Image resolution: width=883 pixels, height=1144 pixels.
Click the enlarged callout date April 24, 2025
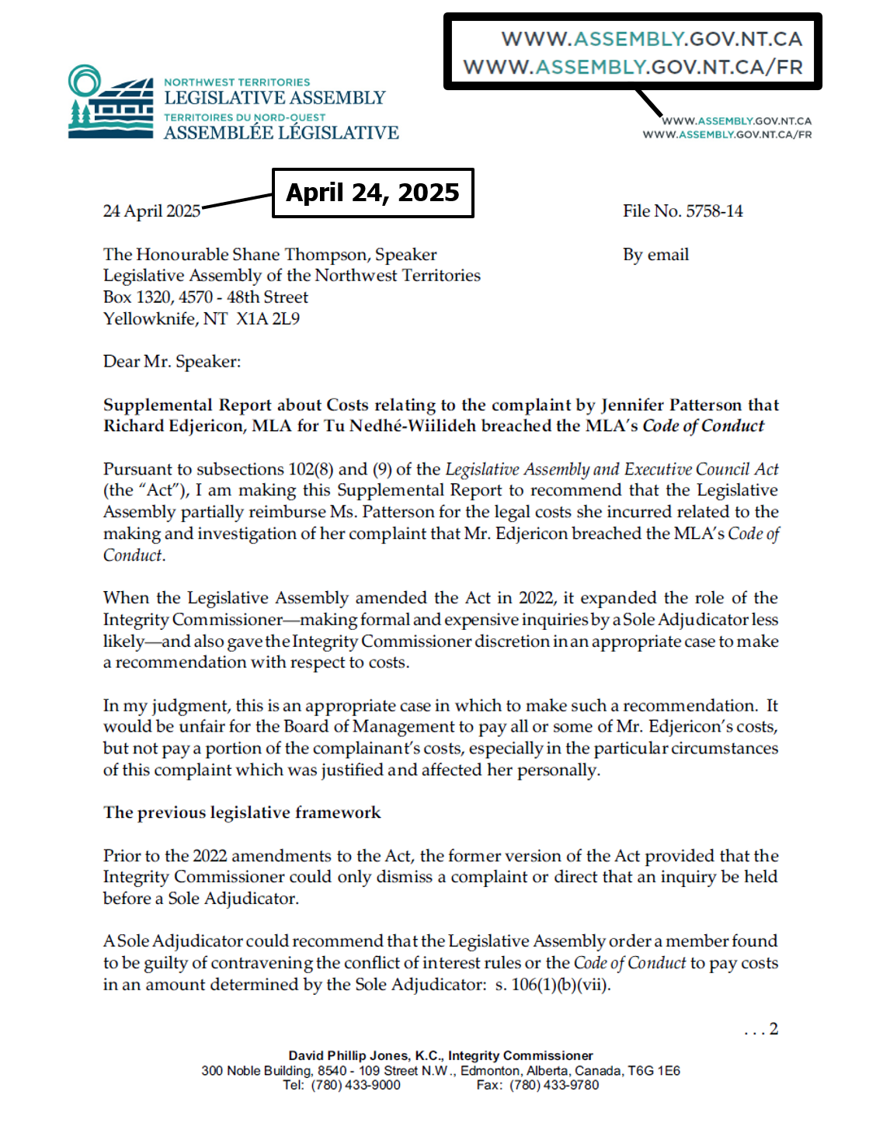click(373, 193)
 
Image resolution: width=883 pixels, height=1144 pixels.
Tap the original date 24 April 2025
click(151, 211)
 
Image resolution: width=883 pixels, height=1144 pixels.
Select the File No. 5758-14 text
click(682, 211)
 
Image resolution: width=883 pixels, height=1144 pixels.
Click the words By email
click(655, 255)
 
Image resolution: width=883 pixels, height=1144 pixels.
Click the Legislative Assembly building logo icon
click(110, 103)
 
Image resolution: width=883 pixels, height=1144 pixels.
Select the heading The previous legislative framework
click(242, 812)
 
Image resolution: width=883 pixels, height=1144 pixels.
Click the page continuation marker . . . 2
click(761, 1030)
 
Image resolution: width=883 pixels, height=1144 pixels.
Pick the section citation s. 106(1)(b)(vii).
click(553, 985)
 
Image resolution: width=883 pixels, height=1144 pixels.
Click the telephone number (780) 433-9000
click(356, 1085)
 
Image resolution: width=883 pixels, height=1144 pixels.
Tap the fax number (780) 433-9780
click(554, 1085)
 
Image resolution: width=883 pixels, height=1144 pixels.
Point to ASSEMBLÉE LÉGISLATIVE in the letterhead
click(281, 134)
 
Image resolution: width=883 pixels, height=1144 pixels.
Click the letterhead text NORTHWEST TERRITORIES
click(237, 82)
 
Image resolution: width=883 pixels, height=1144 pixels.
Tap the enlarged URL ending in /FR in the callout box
click(633, 67)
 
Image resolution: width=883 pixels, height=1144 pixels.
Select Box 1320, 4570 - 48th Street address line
click(205, 297)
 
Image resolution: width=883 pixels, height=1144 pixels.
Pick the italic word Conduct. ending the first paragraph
click(134, 556)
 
